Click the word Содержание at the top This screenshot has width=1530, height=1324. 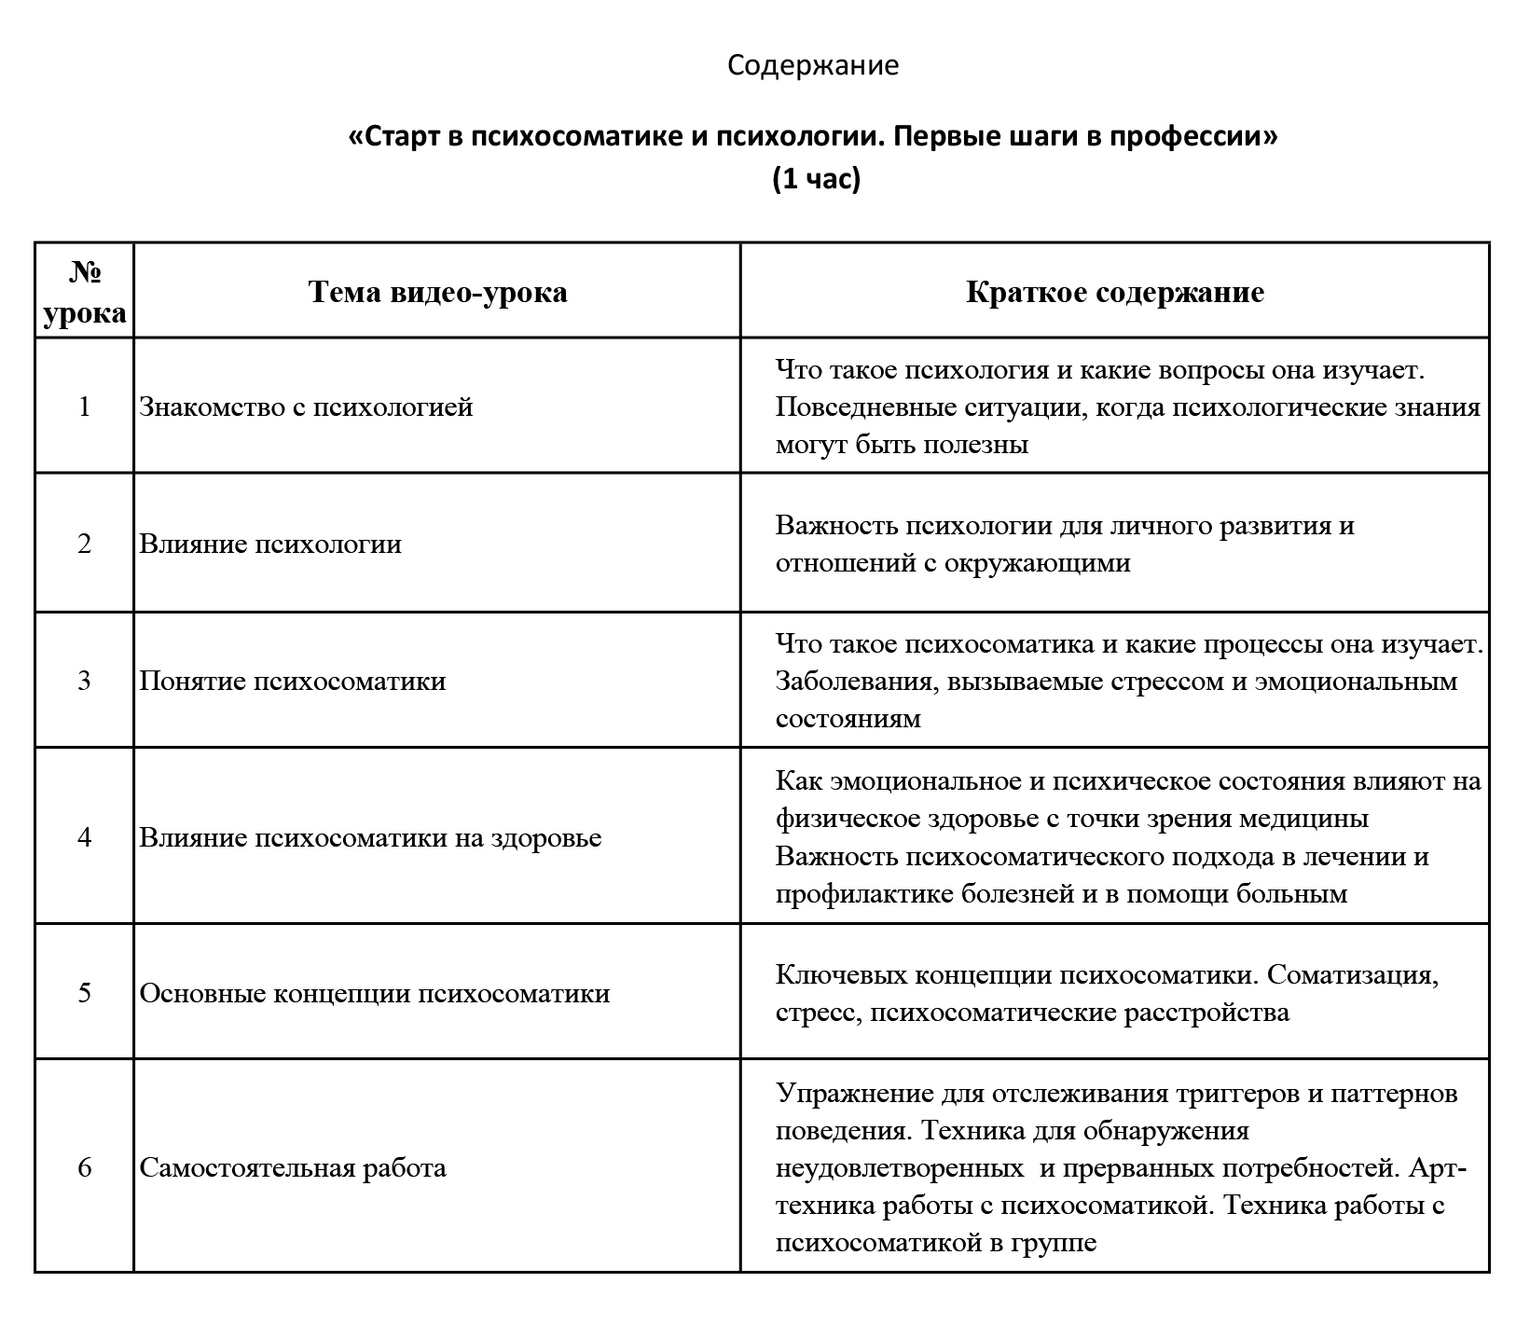tap(812, 65)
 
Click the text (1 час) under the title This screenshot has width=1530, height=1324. tap(816, 178)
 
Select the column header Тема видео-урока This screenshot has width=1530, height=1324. tap(437, 292)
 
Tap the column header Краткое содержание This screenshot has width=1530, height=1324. tap(1115, 292)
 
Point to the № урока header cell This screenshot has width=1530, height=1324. tap(85, 292)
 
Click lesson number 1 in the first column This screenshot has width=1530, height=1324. tap(85, 407)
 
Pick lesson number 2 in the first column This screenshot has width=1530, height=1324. tap(85, 544)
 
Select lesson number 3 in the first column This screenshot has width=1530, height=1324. tap(85, 681)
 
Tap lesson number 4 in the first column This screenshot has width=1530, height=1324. tap(85, 837)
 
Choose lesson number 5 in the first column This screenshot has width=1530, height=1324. tap(85, 993)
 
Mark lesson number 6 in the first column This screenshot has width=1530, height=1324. tap(85, 1167)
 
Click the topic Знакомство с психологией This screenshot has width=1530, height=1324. tap(306, 407)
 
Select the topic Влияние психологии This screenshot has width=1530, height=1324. tap(270, 544)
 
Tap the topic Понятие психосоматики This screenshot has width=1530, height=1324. tap(293, 681)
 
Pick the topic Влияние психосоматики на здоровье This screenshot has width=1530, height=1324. tap(370, 837)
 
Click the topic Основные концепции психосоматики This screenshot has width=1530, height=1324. tap(375, 993)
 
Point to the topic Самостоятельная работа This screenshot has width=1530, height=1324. tap(293, 1167)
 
